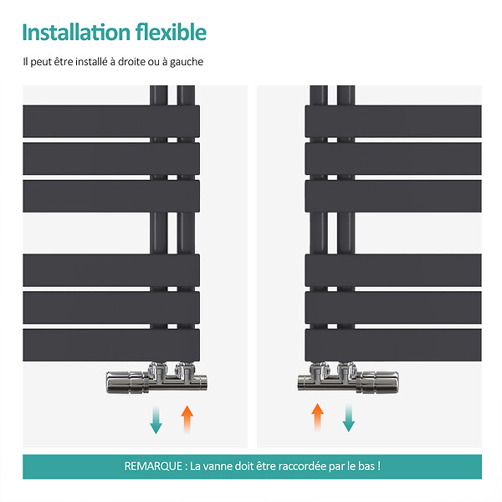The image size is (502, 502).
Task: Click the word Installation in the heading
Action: [76, 33]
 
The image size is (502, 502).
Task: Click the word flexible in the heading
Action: [171, 32]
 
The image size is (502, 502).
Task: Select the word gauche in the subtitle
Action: [187, 62]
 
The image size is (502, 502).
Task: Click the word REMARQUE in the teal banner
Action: [153, 466]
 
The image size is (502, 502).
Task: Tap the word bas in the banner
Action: [366, 466]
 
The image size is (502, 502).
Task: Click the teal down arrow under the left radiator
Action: [156, 420]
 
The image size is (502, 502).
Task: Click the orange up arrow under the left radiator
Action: [187, 420]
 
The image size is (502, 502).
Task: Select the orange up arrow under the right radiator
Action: [317, 417]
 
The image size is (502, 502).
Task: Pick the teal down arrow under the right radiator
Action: [348, 417]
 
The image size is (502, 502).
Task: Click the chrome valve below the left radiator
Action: [156, 379]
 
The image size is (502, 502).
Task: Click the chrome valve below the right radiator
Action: [348, 379]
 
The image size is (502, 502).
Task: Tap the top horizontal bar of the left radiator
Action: [111, 121]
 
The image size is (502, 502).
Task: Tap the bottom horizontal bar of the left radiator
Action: [111, 345]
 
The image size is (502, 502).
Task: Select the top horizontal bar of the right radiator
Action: [393, 121]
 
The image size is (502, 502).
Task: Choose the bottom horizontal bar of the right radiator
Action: [393, 345]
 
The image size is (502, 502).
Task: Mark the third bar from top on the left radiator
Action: [111, 196]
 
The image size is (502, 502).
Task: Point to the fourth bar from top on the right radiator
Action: [393, 270]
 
